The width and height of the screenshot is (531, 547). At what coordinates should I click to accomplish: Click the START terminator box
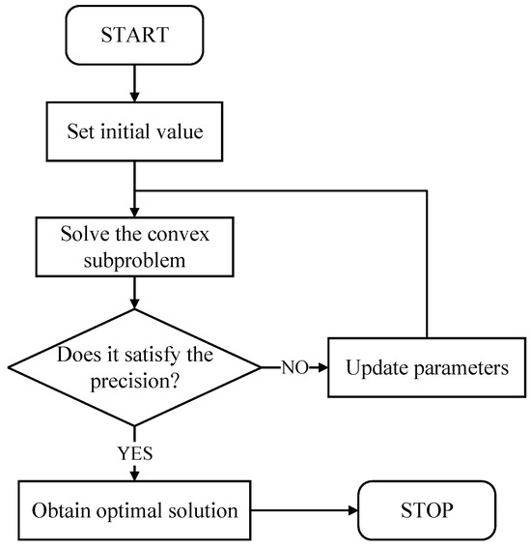(135, 36)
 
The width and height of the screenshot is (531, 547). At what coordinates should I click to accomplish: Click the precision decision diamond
(135, 367)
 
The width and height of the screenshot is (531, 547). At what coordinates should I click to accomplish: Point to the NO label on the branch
(293, 368)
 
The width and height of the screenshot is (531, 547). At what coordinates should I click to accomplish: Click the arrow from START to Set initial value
(135, 82)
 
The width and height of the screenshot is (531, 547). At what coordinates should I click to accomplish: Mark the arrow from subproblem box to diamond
(135, 289)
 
